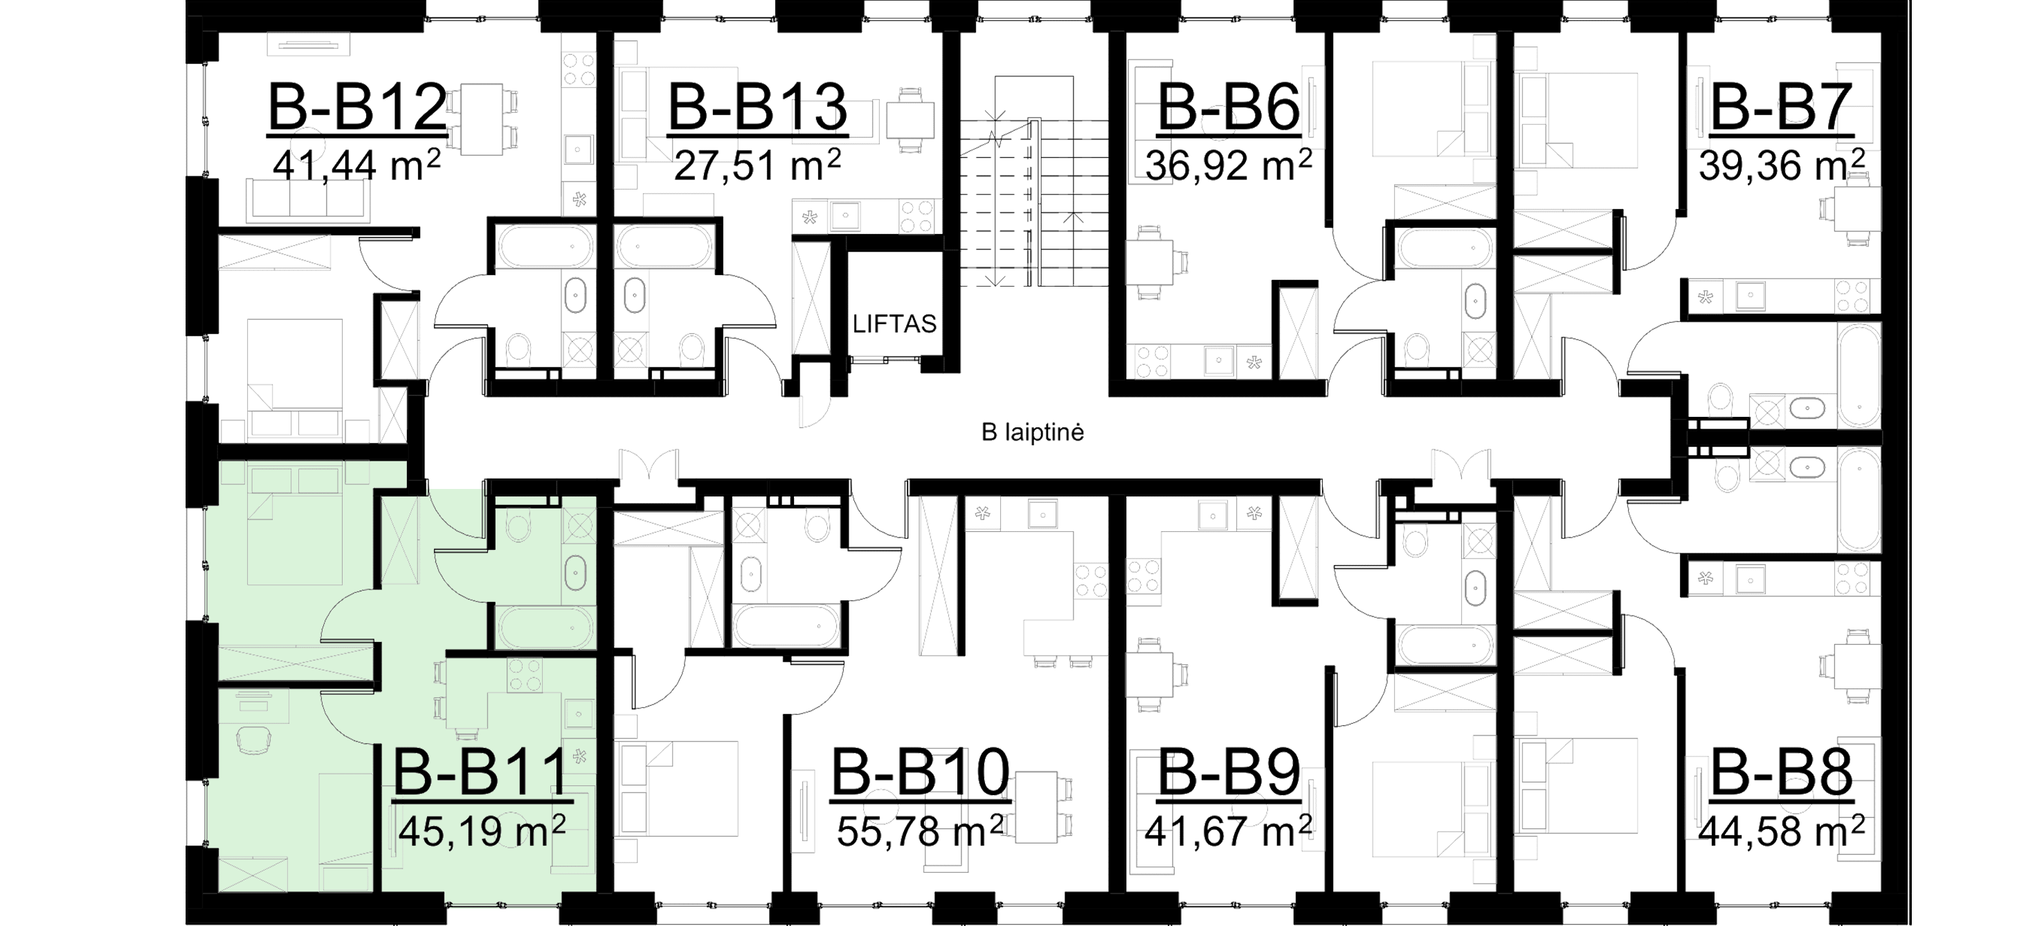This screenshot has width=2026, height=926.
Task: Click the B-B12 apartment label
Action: point(357,109)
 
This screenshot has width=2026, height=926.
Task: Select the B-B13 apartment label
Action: point(757,109)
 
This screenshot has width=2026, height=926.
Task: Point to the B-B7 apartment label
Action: point(1777,109)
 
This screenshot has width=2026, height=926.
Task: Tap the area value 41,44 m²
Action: point(356,166)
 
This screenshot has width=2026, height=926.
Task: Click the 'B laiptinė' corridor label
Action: point(1033,432)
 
